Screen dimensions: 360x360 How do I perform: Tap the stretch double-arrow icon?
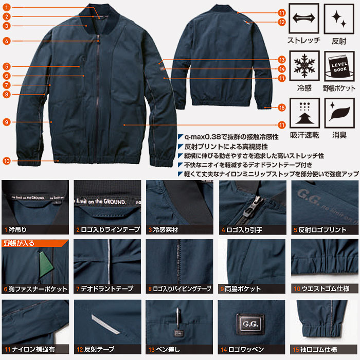tap(304, 19)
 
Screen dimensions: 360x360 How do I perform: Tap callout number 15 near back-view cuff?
tap(281, 107)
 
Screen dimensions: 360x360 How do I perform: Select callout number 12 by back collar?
tap(281, 22)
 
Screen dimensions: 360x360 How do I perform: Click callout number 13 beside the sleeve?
tap(281, 59)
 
